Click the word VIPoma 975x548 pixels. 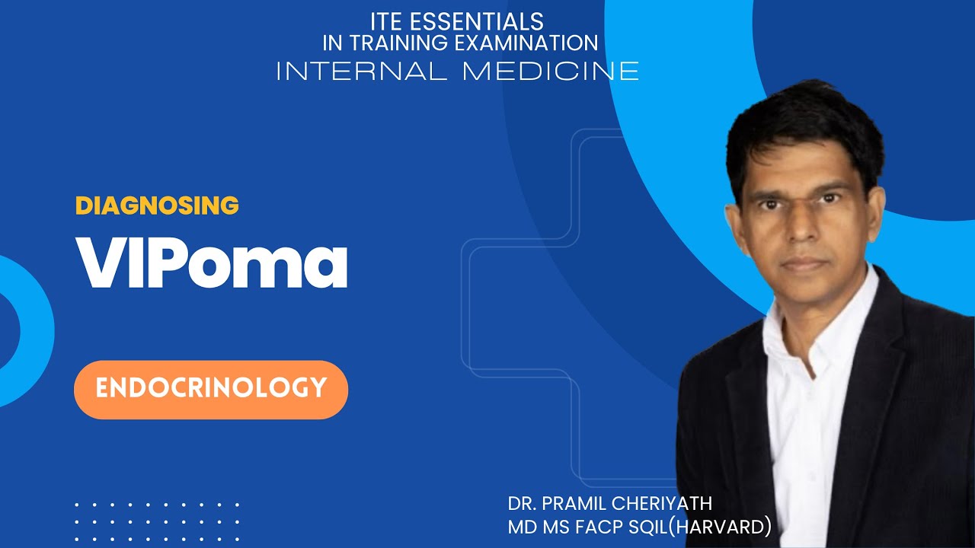pos(211,263)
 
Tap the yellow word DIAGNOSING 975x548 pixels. pos(157,205)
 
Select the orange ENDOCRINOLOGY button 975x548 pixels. pos(211,389)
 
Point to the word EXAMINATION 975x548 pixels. pos(526,43)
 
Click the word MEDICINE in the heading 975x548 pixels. pos(550,71)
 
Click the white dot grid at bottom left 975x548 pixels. pos(157,521)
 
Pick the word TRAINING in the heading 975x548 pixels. pos(401,43)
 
